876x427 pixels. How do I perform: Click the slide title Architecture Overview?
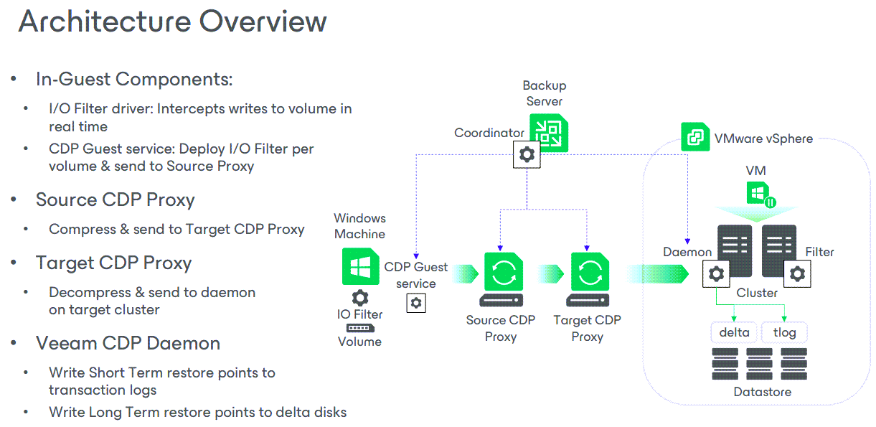pyautogui.click(x=172, y=22)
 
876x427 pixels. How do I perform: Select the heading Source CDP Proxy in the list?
pyautogui.click(x=115, y=200)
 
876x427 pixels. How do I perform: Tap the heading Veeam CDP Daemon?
pyautogui.click(x=128, y=343)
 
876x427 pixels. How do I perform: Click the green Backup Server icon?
pyautogui.click(x=549, y=133)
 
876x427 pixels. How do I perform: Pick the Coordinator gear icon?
pyautogui.click(x=527, y=154)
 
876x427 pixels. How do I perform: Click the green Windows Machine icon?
pyautogui.click(x=360, y=266)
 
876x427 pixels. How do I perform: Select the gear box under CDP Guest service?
pyautogui.click(x=416, y=304)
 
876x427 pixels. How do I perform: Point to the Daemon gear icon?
pyautogui.click(x=716, y=273)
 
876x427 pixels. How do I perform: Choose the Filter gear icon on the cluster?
pyautogui.click(x=797, y=273)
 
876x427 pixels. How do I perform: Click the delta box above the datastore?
pyautogui.click(x=734, y=332)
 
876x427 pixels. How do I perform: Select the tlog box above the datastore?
pyautogui.click(x=784, y=332)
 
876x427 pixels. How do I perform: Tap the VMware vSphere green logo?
pyautogui.click(x=694, y=137)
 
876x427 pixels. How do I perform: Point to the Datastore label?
pyautogui.click(x=763, y=392)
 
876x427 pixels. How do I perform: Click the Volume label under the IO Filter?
pyautogui.click(x=359, y=342)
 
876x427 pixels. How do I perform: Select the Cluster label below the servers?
pyautogui.click(x=757, y=293)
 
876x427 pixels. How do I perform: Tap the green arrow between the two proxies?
pyautogui.click(x=551, y=274)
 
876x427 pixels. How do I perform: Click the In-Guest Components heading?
pyautogui.click(x=134, y=79)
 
